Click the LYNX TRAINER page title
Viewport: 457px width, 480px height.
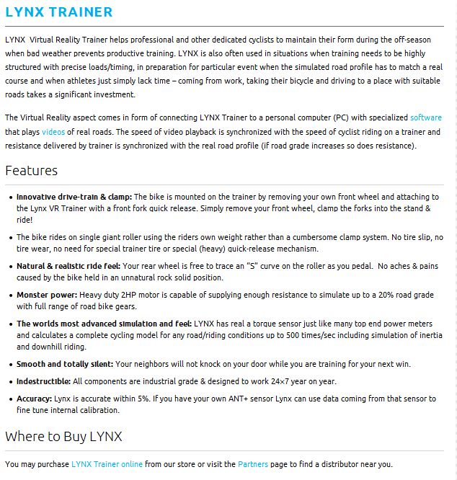click(x=59, y=12)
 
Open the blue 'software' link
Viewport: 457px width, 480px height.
click(x=425, y=117)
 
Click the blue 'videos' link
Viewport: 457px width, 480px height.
click(x=53, y=132)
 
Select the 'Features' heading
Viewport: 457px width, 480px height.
click(x=31, y=171)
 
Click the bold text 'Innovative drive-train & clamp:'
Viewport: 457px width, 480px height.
click(x=74, y=197)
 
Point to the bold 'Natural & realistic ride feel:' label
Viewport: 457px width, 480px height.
click(x=69, y=266)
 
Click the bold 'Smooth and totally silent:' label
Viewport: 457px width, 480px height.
click(x=65, y=364)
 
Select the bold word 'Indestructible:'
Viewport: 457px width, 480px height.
click(x=43, y=381)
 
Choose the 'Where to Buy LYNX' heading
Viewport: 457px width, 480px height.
click(x=63, y=437)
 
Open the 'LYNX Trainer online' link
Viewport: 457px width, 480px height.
click(x=107, y=464)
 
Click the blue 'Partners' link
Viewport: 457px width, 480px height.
click(x=253, y=464)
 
